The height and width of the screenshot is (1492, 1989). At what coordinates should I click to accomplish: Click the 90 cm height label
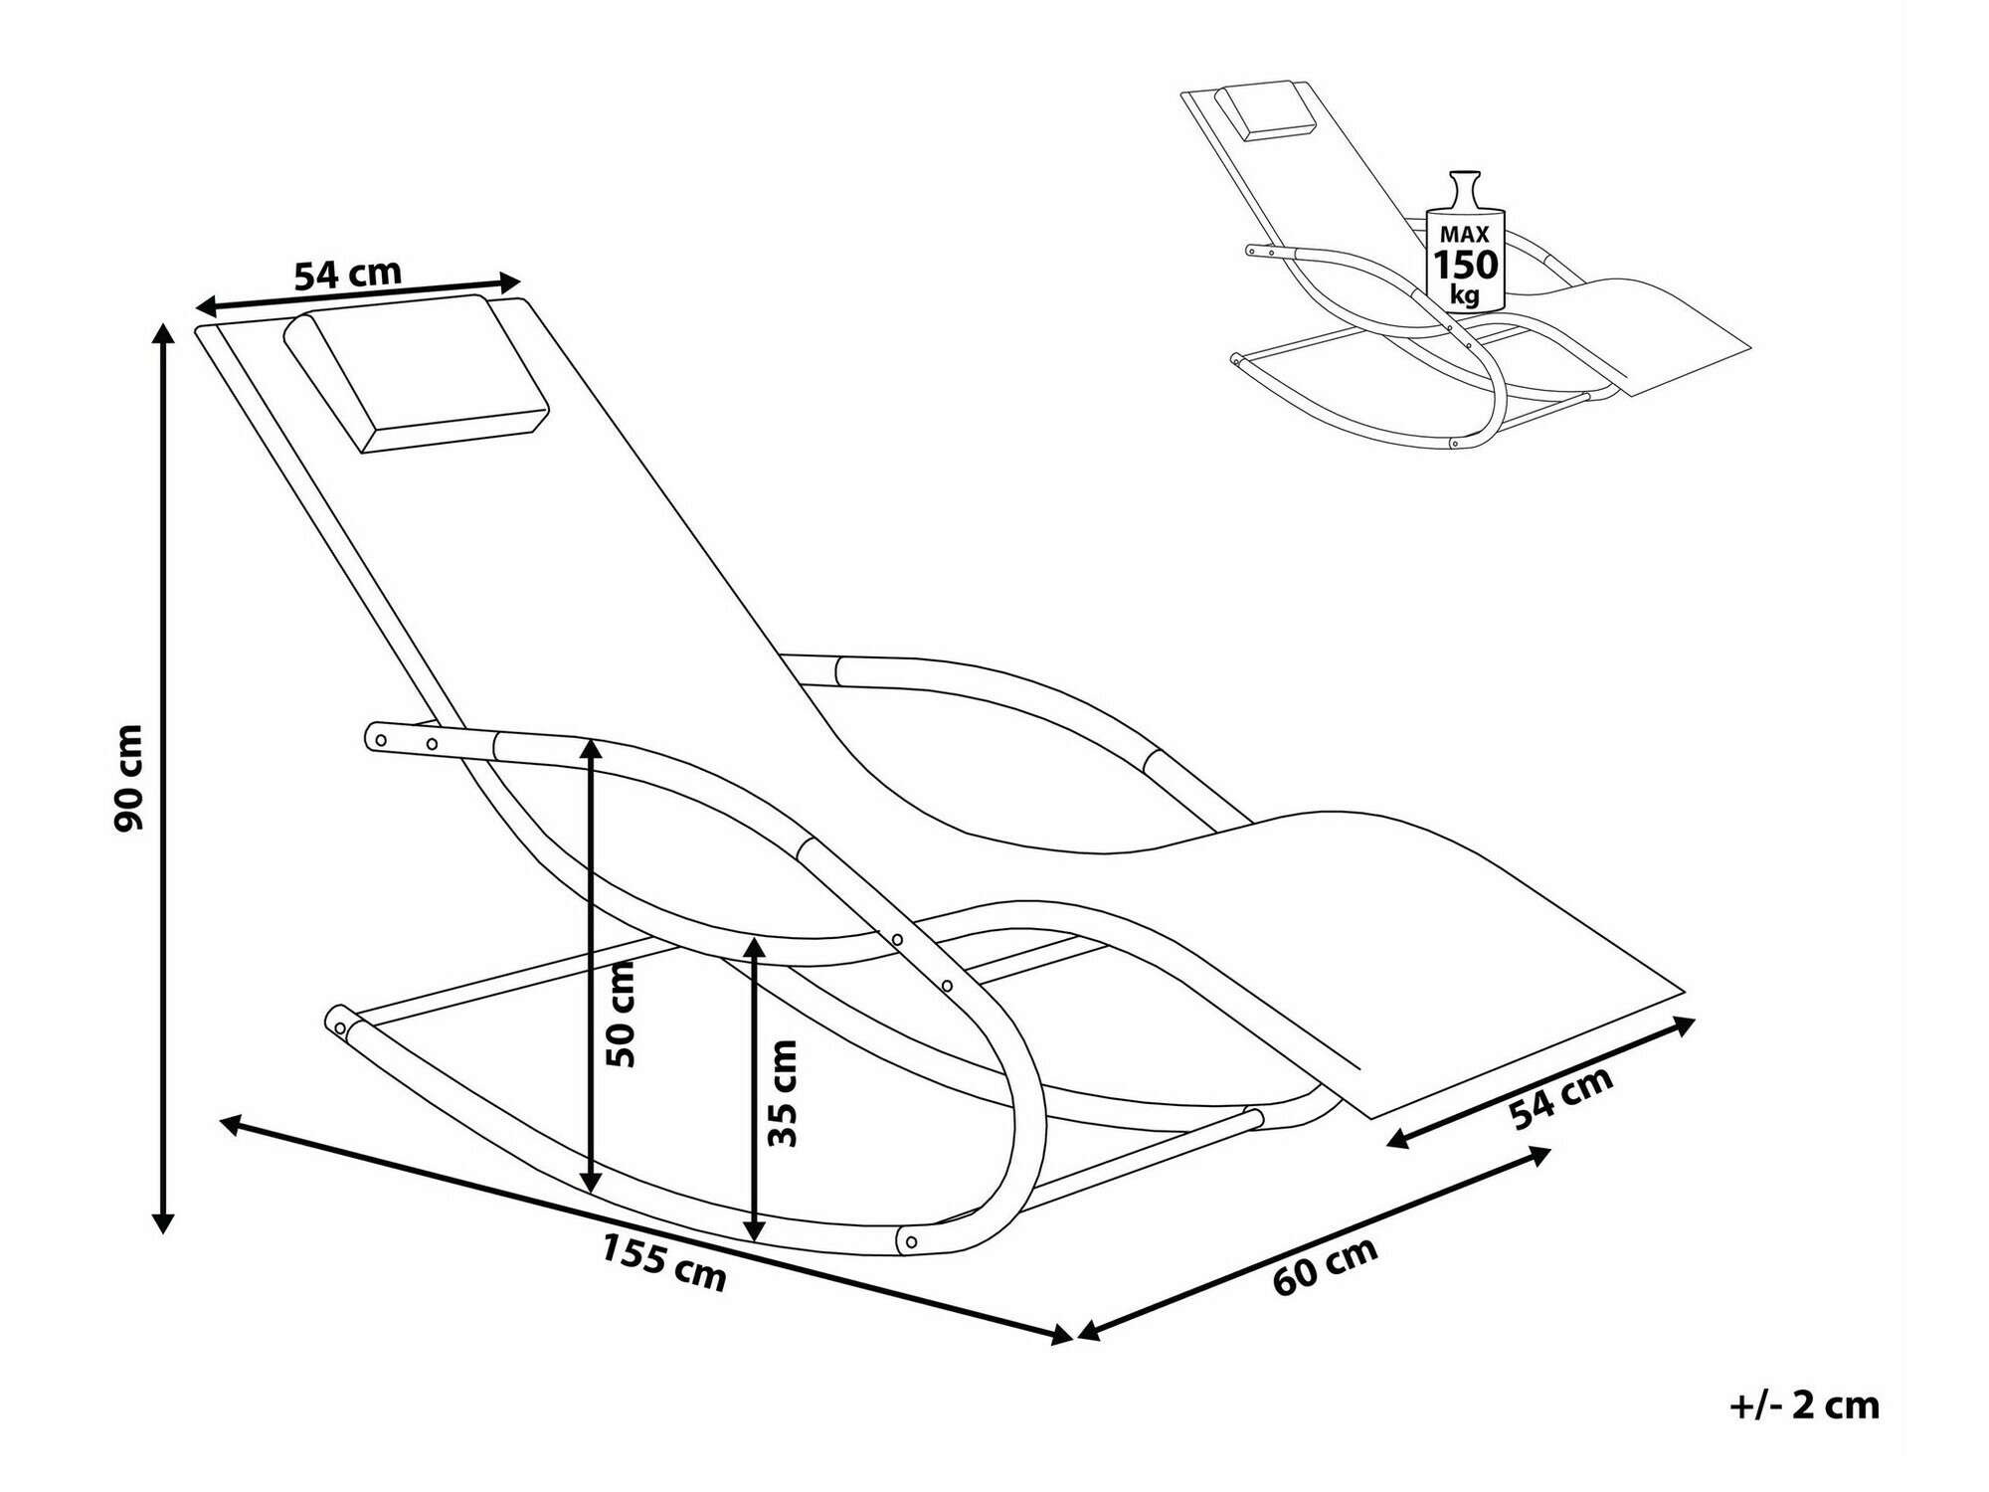coord(129,778)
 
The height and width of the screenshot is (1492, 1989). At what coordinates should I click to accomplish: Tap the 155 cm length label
coord(663,1262)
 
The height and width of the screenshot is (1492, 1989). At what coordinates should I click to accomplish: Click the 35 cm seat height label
coord(784,1093)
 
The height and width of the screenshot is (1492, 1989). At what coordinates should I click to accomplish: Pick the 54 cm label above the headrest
coord(348,274)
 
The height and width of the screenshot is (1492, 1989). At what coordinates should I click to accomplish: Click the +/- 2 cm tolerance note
coord(1804,1405)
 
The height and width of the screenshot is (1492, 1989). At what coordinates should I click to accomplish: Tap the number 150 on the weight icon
coord(1465,266)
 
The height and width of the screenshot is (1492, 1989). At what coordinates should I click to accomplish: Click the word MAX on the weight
coord(1465,235)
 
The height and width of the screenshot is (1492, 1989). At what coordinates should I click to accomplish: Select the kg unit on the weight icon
coord(1465,295)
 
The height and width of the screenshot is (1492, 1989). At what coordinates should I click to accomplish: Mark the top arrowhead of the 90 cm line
coord(164,333)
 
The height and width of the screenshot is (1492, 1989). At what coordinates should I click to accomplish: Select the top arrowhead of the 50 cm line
coord(591,752)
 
